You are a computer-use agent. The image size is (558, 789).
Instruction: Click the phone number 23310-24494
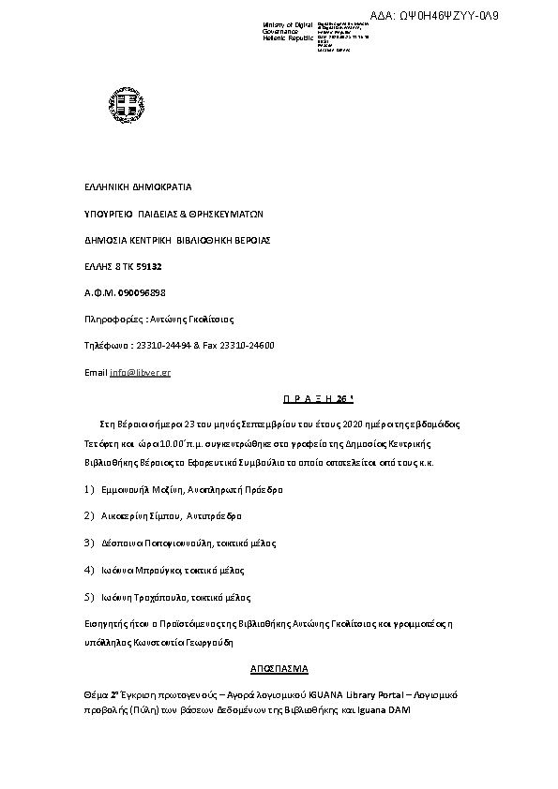(x=167, y=346)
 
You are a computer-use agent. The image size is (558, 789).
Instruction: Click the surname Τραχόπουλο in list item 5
(x=166, y=597)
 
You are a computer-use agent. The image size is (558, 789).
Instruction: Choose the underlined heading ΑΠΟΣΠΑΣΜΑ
(x=279, y=669)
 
